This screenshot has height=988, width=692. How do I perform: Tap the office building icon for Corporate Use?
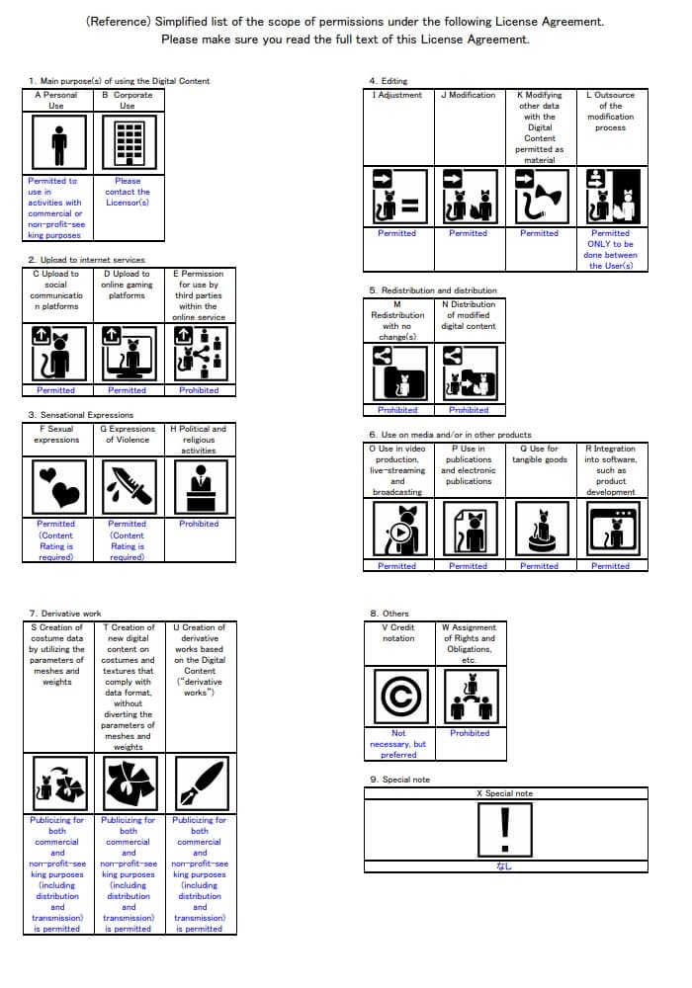(x=128, y=144)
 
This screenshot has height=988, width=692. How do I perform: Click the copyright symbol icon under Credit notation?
(x=398, y=696)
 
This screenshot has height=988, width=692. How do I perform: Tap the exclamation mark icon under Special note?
(x=505, y=828)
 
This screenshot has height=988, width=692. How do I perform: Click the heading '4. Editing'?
(x=388, y=81)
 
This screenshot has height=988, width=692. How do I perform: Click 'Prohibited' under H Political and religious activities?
(x=199, y=524)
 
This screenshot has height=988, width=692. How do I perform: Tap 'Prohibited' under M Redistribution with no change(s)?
(x=397, y=410)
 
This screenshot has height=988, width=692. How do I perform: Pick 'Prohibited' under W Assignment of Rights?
(x=470, y=733)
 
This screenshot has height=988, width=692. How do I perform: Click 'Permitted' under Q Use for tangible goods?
(x=539, y=566)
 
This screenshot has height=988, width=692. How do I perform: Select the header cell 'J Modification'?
(x=468, y=95)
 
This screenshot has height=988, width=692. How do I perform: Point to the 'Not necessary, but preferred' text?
(x=398, y=744)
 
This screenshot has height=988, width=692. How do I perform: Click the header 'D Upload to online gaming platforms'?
(x=127, y=285)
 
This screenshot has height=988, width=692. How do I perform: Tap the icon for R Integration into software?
(x=610, y=530)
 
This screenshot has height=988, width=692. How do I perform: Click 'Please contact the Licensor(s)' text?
(x=128, y=192)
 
